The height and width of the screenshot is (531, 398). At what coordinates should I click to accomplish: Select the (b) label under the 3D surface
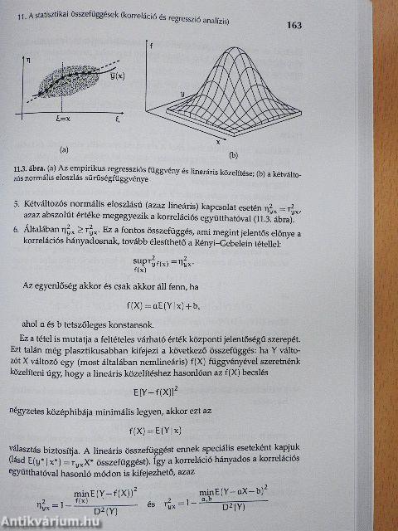(x=233, y=155)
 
